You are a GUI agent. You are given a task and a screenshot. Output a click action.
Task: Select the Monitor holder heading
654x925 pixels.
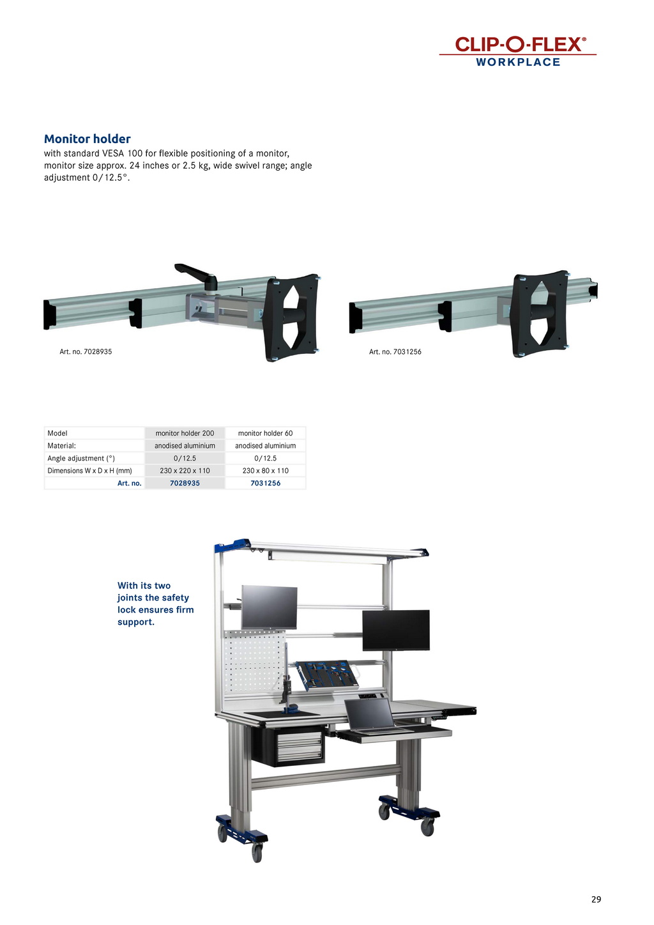coord(87,139)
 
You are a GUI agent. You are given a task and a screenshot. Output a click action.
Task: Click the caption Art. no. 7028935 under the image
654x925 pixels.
coord(86,352)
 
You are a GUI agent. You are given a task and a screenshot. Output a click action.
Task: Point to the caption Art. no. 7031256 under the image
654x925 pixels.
coord(395,352)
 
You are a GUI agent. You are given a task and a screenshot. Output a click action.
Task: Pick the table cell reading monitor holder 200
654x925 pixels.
coord(185,433)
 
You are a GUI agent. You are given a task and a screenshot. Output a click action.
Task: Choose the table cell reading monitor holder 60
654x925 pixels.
coord(266,433)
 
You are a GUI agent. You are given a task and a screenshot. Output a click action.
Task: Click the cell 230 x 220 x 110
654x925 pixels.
coord(185,470)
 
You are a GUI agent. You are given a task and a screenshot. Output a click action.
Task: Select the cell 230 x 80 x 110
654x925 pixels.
coord(266,470)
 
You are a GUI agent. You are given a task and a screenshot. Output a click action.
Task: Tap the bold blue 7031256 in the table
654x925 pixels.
coord(266,483)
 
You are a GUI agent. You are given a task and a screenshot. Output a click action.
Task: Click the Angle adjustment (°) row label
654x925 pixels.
coord(81,459)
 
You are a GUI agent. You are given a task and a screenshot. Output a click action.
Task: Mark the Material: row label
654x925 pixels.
coord(61,445)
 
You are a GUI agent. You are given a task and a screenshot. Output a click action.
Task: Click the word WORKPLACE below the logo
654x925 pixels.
coord(518,63)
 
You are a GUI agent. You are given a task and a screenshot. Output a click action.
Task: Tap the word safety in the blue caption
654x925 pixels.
coord(176,597)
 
